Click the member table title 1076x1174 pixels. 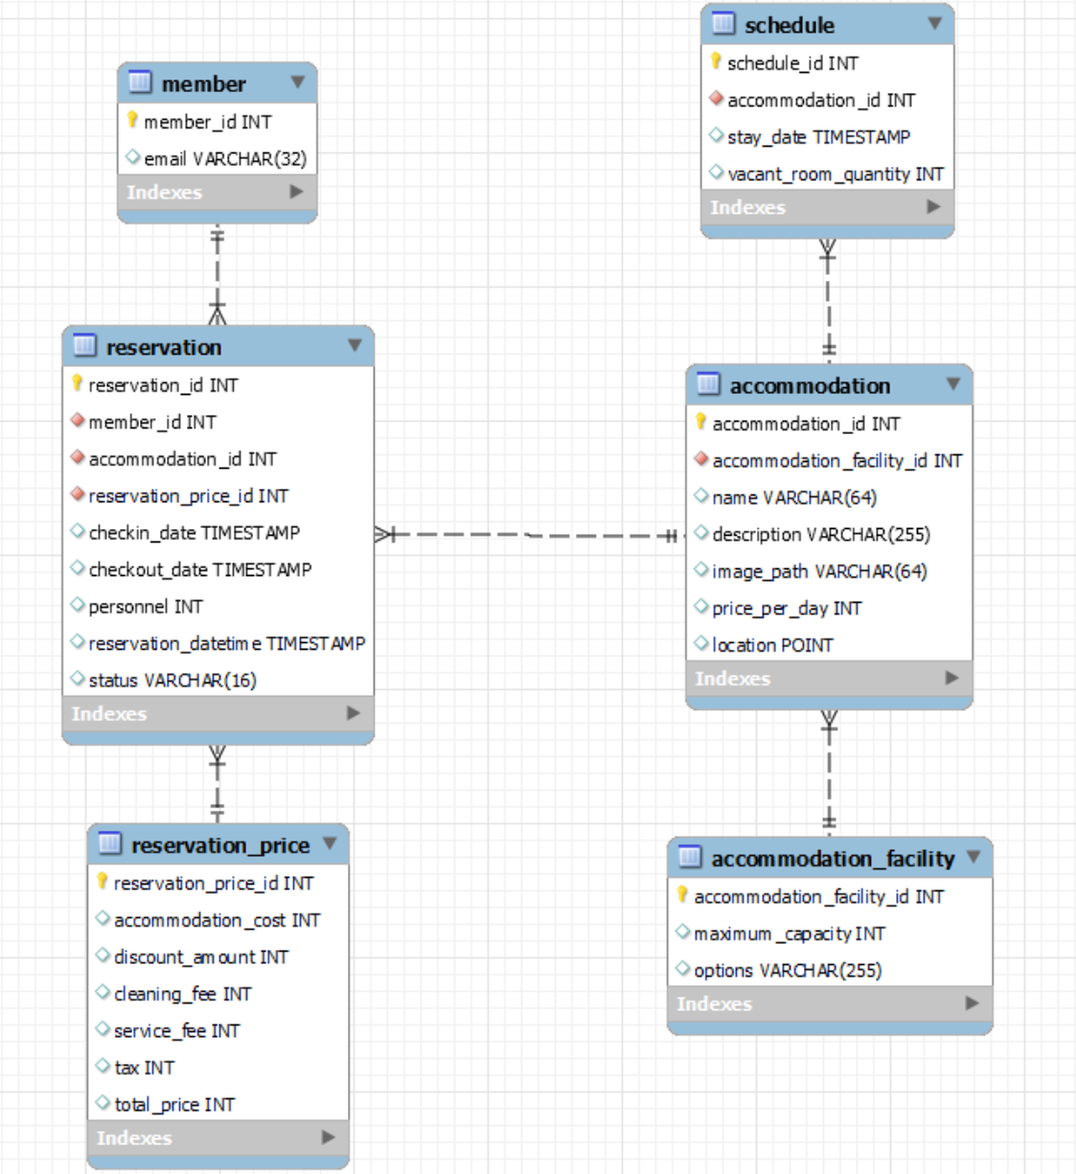point(204,84)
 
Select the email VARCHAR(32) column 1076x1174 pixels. point(225,158)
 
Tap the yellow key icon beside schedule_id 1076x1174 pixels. point(715,61)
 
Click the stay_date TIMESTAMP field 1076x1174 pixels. point(818,137)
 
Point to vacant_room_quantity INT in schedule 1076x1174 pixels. point(835,173)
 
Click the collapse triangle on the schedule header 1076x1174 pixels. point(934,23)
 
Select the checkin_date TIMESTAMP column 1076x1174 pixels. point(195,533)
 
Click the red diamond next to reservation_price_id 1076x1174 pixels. point(78,495)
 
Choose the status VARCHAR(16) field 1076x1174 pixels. point(172,680)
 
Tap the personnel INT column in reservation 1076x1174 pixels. point(146,607)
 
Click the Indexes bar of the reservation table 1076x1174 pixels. point(218,713)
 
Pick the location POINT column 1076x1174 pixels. point(772,645)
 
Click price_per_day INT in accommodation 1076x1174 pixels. point(787,608)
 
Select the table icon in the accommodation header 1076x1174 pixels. point(708,384)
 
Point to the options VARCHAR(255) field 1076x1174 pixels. point(788,970)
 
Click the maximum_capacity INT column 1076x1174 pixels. point(790,933)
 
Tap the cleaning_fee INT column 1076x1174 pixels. point(183,994)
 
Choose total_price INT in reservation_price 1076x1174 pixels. point(174,1104)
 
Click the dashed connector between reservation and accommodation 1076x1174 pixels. point(530,535)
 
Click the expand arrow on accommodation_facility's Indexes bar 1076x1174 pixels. point(972,1003)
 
